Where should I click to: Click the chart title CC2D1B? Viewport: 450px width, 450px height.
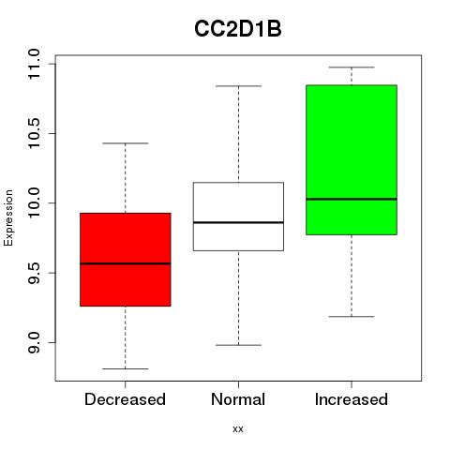(x=238, y=29)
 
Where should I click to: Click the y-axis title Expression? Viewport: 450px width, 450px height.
(x=8, y=217)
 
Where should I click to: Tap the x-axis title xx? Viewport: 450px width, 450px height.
(x=238, y=428)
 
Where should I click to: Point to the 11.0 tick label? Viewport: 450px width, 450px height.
(x=34, y=64)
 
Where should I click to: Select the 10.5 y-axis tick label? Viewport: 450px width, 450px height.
(x=34, y=133)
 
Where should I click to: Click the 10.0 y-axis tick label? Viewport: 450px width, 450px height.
(x=34, y=203)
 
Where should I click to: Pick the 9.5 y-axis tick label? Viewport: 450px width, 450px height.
(x=34, y=273)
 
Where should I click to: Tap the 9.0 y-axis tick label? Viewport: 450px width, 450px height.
(x=34, y=342)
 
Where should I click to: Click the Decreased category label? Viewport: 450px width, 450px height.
(x=125, y=399)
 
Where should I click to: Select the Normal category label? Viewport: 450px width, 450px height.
(x=238, y=399)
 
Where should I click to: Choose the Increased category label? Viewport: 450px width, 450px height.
(x=352, y=399)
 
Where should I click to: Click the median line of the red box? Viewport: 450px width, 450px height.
(x=126, y=263)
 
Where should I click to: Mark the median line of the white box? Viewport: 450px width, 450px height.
(x=238, y=222)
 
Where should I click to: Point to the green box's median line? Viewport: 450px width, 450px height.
(x=352, y=199)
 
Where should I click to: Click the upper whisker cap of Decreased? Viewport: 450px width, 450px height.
(x=126, y=143)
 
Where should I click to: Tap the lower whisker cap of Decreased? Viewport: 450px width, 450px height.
(x=126, y=368)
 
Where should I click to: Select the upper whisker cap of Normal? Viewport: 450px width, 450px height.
(x=238, y=86)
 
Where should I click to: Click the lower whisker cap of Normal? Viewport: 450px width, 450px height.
(x=238, y=345)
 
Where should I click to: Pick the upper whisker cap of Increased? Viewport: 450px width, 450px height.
(x=352, y=67)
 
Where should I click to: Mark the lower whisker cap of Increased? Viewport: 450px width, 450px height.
(x=352, y=317)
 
